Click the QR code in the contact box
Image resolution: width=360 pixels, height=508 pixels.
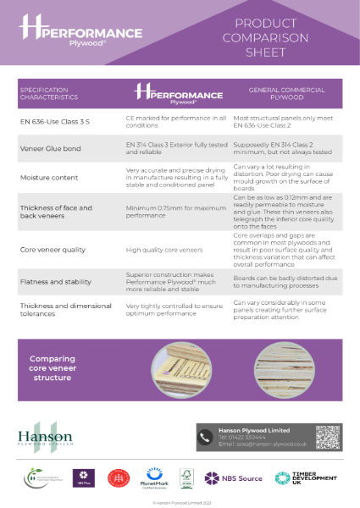pos(328,437)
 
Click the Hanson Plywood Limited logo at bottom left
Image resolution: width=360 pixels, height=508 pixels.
pos(47,438)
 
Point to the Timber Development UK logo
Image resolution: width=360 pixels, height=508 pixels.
pos(296,479)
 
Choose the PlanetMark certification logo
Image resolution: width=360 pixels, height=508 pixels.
pos(155,479)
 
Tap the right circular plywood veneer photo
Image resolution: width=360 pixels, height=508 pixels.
pos(284,370)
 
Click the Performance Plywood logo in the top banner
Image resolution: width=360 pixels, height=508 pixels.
pos(80,32)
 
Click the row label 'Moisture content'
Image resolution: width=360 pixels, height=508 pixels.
pos(48,179)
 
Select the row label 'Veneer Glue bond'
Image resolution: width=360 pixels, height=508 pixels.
pos(50,148)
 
